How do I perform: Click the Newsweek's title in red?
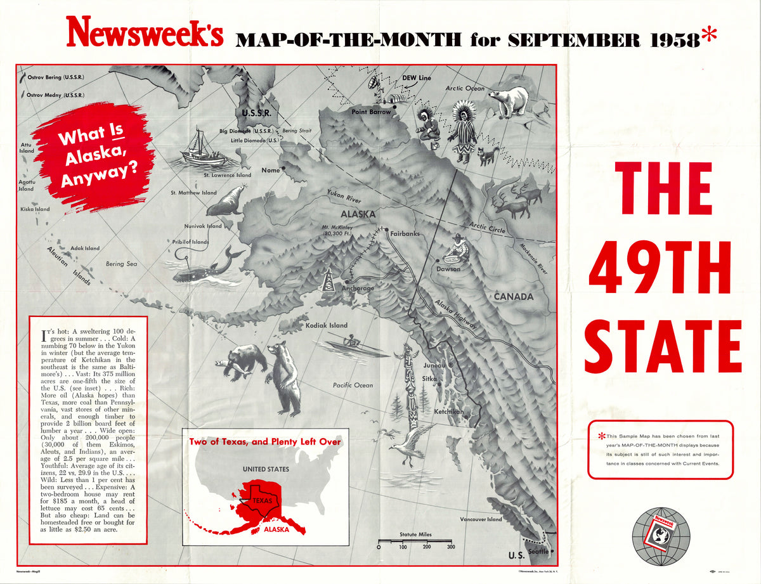click(145, 32)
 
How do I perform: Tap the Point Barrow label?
click(371, 112)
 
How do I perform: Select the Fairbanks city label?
click(405, 233)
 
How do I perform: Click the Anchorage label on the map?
click(358, 288)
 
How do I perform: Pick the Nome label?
click(270, 170)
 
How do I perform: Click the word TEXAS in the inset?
click(263, 500)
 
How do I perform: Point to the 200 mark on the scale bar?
click(427, 547)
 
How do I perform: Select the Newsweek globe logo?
click(660, 535)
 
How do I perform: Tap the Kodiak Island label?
click(327, 325)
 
